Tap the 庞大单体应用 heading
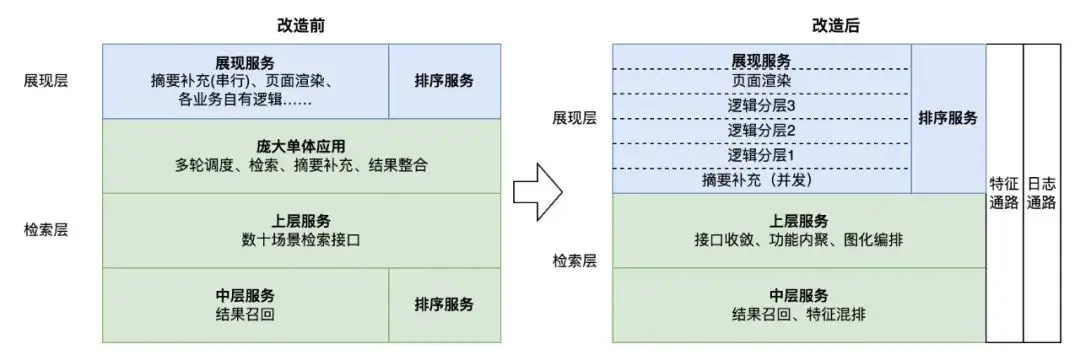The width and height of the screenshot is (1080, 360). (301, 146)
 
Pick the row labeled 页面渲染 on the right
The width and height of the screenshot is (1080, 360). (761, 80)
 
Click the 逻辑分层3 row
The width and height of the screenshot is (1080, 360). (761, 106)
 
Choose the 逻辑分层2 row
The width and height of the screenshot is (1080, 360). (761, 131)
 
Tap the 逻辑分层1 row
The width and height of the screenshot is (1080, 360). (761, 156)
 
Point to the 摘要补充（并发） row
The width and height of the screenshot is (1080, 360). (761, 182)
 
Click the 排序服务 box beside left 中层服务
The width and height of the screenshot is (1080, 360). (444, 304)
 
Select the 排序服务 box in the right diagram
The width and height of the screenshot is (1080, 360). (948, 118)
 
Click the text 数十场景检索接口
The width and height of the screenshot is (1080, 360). (301, 240)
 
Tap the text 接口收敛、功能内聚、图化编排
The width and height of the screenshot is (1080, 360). (799, 240)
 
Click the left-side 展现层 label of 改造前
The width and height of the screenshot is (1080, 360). (47, 81)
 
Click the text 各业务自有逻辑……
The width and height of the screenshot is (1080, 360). (245, 100)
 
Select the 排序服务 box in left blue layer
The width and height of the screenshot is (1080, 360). (444, 81)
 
